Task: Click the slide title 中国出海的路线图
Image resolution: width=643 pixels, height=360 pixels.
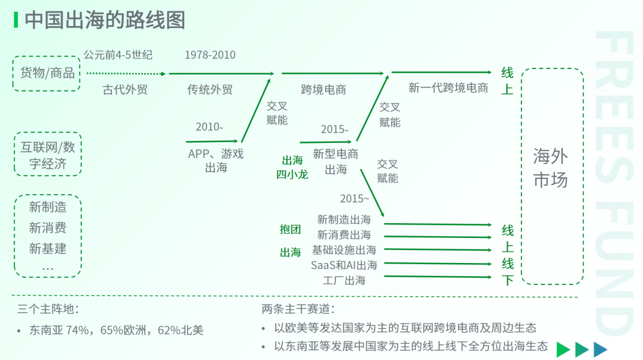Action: click(105, 20)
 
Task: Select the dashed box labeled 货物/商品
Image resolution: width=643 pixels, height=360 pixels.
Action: click(46, 56)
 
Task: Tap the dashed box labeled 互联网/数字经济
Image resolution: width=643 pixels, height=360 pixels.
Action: click(48, 133)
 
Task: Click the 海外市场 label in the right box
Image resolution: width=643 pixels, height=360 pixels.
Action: click(550, 168)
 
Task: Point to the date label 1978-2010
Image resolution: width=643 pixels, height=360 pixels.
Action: click(210, 55)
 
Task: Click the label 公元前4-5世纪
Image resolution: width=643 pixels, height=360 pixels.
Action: click(118, 55)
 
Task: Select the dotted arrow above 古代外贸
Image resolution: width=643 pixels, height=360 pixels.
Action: click(126, 74)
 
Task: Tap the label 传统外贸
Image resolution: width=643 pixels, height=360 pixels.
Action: click(210, 89)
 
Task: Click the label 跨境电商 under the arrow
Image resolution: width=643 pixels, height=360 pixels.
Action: click(323, 89)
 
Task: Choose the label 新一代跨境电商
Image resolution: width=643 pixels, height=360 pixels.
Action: click(448, 87)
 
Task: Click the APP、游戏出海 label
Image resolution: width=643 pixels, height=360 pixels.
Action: click(216, 160)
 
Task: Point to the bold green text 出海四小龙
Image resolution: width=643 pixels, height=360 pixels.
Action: click(292, 167)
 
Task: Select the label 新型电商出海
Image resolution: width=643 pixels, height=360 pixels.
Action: click(336, 161)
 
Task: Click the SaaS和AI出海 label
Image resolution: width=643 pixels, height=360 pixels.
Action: click(344, 265)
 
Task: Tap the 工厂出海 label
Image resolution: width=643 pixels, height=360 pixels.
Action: click(344, 280)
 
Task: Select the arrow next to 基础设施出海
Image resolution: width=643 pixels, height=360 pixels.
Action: click(438, 250)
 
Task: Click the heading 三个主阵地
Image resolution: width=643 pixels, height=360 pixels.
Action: click(48, 309)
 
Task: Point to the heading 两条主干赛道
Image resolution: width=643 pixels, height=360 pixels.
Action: click(298, 309)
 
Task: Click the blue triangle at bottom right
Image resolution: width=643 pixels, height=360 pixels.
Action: click(600, 349)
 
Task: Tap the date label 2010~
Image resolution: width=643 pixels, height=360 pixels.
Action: click(209, 127)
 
